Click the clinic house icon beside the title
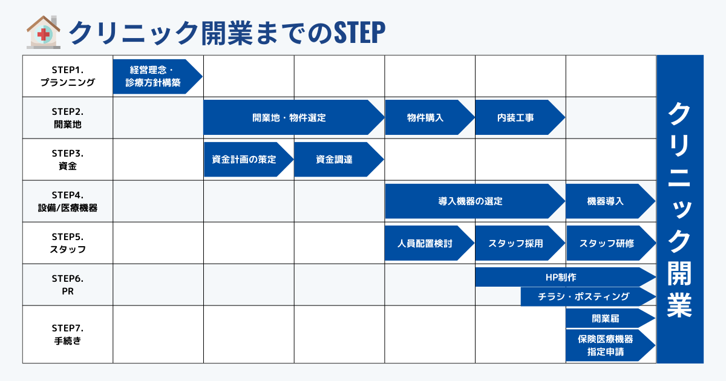coord(44,32)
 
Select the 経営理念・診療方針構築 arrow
coord(155,77)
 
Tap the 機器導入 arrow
coord(607,201)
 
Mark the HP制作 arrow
coord(561,278)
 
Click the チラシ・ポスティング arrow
coord(584,296)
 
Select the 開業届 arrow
coord(607,318)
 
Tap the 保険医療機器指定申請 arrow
coord(607,345)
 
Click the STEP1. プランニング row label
coord(68,77)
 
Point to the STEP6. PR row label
coord(68,285)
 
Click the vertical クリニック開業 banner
coord(680,209)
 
